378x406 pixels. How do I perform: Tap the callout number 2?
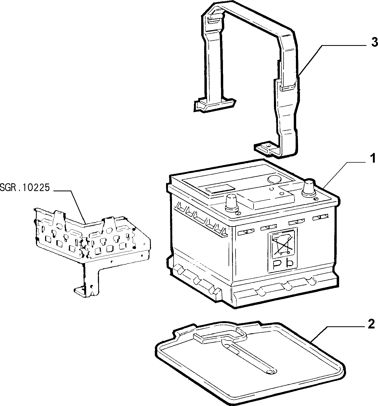tap(371, 324)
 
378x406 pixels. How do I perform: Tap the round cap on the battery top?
tap(275, 179)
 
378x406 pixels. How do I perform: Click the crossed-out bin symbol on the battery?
tap(282, 244)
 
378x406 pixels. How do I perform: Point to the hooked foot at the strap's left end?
tap(215, 105)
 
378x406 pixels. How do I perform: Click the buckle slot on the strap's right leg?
tap(288, 88)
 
